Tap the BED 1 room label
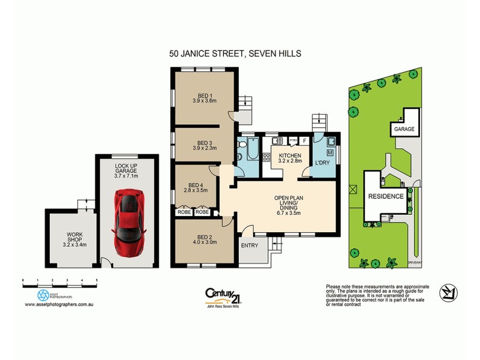[203, 94]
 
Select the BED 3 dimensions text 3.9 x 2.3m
[203, 148]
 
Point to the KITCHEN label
[290, 155]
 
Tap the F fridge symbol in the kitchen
[305, 141]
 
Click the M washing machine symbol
[329, 152]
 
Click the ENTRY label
[249, 245]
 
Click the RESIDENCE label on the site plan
[380, 196]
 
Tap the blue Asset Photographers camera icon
[43, 295]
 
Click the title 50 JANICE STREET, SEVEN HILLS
[235, 53]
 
